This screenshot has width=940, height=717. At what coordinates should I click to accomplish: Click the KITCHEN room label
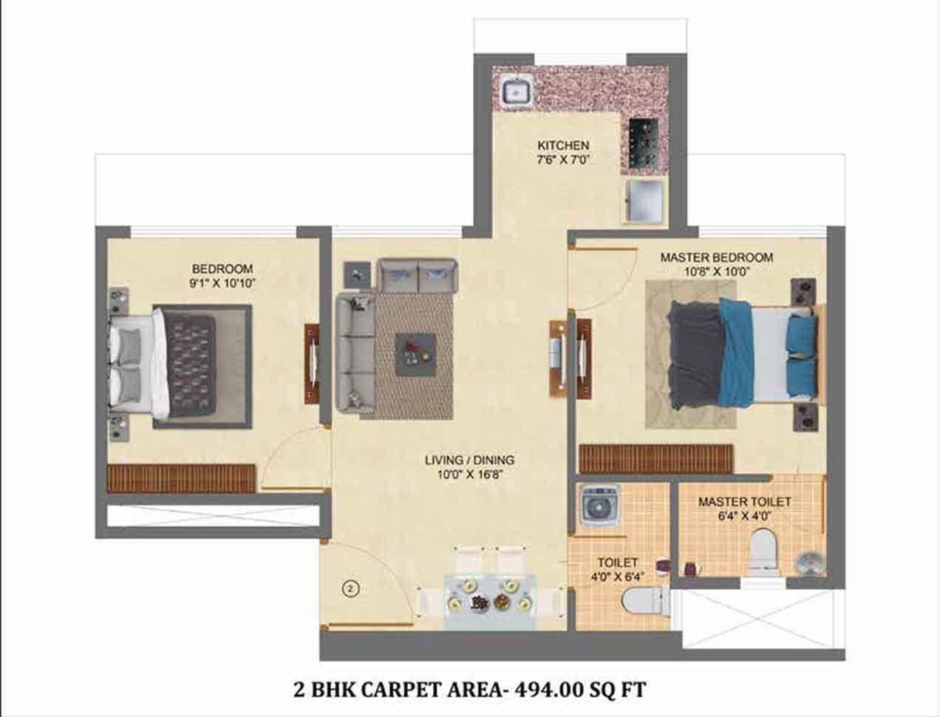pos(563,145)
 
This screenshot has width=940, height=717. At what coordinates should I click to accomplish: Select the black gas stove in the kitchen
pos(644,141)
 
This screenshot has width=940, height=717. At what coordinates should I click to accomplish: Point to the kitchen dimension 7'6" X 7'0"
pos(564,160)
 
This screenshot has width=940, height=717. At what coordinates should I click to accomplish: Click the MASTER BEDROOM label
pos(717,257)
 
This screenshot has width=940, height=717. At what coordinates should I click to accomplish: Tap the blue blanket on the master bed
pos(736,352)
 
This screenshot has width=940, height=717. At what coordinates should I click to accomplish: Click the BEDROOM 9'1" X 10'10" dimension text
pos(222,283)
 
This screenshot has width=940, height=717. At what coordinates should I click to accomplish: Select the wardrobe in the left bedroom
pos(181,478)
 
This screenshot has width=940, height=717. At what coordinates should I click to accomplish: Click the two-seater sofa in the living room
pos(418,276)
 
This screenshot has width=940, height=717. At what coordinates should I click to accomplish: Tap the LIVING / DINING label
pos(469,460)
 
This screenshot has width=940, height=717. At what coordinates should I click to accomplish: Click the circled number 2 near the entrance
pos(351,589)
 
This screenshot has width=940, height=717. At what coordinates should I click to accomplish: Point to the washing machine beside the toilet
pos(597,506)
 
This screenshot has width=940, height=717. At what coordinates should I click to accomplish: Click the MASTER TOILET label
pos(744,502)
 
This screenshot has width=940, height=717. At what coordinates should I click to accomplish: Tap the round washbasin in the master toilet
pos(808,562)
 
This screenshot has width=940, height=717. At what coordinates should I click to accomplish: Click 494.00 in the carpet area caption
pos(543,690)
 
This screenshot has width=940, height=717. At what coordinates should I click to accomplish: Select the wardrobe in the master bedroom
pos(655,459)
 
